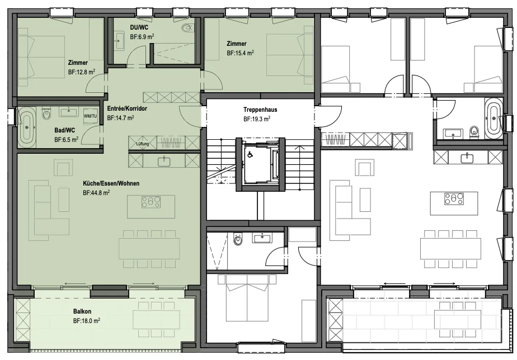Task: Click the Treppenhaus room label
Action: (260, 110)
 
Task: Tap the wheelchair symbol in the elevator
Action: (250, 154)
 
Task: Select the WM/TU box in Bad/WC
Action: (90, 116)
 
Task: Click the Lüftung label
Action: (143, 144)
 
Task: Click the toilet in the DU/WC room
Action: (187, 27)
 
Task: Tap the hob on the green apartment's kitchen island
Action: (151, 202)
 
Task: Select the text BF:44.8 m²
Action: (96, 193)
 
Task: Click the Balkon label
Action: (82, 311)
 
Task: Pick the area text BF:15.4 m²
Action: (240, 53)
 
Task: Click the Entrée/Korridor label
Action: (127, 108)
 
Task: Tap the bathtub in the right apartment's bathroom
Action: (493, 119)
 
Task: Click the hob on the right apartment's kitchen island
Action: (454, 199)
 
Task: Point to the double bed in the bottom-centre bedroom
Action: (246, 298)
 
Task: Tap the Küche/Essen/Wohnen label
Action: (111, 183)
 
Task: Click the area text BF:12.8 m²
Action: (82, 72)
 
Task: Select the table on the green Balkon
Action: (156, 319)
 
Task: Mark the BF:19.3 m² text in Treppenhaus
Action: (257, 119)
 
